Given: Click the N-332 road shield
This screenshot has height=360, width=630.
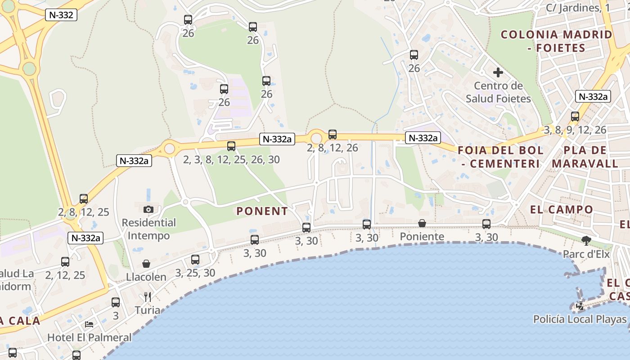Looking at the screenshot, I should click(61, 15).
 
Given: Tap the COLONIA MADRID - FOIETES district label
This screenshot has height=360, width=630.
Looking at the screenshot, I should click(556, 41).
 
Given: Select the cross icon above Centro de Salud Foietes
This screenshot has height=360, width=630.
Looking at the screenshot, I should click(498, 72).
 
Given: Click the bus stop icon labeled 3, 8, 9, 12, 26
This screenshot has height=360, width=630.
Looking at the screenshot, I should click(575, 117).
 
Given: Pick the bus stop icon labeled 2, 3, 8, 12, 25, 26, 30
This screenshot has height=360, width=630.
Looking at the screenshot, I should click(231, 146).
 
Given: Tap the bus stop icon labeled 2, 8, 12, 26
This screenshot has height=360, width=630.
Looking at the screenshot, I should click(333, 134).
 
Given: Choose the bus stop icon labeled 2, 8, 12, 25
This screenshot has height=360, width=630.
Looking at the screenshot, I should click(84, 198).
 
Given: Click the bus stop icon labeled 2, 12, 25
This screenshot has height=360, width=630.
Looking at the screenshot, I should click(65, 261).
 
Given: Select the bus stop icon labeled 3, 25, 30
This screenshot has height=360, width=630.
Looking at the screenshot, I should click(195, 259).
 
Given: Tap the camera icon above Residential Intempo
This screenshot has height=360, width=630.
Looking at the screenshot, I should click(148, 209).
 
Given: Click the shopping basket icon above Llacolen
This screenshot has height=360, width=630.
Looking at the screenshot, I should click(146, 264).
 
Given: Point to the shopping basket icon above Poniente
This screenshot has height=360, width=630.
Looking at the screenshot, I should click(422, 223).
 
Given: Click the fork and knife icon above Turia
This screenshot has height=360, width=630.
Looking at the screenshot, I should click(147, 297).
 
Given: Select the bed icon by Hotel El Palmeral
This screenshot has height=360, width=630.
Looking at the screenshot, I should click(89, 324).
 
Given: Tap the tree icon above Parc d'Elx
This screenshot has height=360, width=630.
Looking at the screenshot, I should click(586, 241).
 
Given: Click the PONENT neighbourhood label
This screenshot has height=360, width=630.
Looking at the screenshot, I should click(262, 211).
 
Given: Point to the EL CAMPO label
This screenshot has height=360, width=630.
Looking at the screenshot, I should click(562, 209).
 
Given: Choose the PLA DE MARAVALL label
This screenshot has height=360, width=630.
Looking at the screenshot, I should click(585, 157).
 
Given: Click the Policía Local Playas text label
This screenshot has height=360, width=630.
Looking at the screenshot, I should click(580, 319).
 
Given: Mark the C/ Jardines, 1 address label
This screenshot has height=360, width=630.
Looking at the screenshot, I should click(578, 8).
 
